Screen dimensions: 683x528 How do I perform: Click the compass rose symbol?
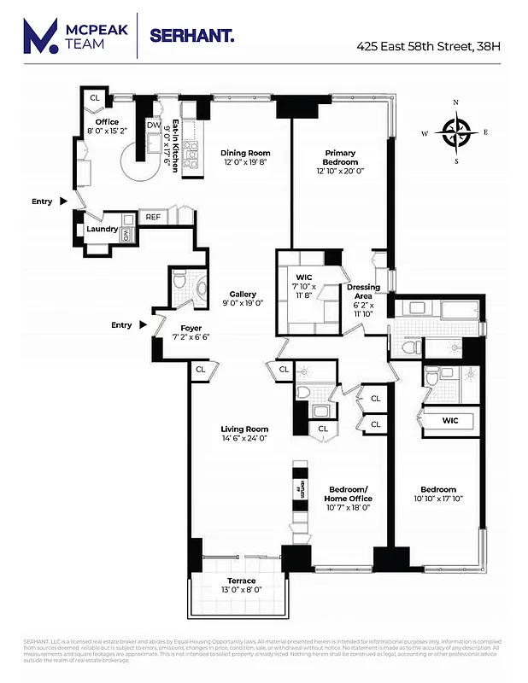point(456,131)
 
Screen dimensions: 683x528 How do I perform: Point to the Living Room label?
point(245,429)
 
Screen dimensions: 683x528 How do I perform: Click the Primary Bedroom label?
point(340,158)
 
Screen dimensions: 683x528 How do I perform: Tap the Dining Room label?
point(246,153)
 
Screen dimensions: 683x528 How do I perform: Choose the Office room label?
point(107,122)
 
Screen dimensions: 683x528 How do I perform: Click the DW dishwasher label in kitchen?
point(154,126)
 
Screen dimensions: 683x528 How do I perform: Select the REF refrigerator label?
point(153,217)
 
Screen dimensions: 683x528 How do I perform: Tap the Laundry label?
point(101,229)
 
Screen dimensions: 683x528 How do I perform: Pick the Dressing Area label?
point(363,292)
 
